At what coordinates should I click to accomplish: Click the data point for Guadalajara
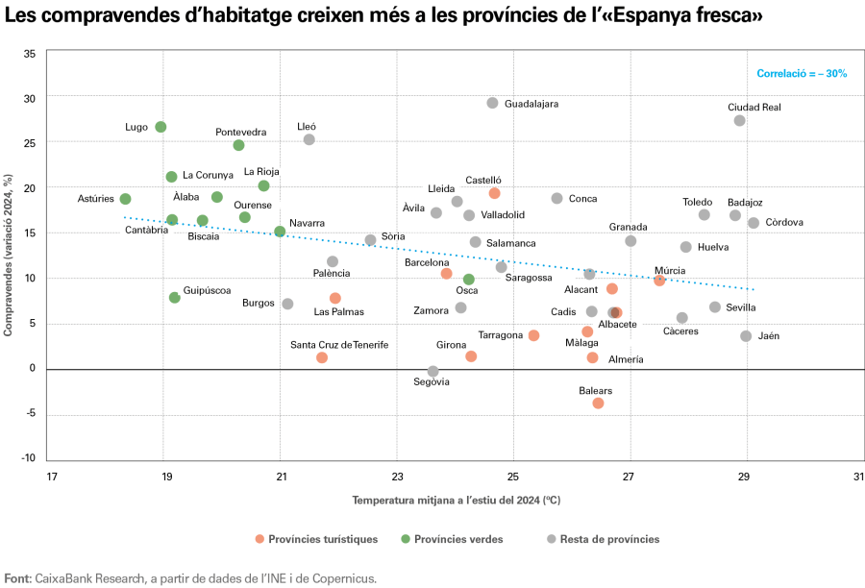[492, 103]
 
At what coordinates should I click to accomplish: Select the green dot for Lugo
[161, 127]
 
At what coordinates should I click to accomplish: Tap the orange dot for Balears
[598, 404]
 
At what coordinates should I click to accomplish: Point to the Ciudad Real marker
[739, 120]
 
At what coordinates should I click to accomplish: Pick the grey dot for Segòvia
[432, 371]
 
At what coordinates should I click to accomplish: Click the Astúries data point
[125, 199]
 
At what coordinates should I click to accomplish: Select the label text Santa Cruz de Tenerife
[339, 344]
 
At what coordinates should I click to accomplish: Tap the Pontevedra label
[241, 132]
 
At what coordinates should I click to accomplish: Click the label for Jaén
[769, 336]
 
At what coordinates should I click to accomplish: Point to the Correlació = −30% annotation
[802, 73]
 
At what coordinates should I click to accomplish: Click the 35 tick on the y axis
[29, 53]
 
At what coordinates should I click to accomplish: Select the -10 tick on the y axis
[28, 457]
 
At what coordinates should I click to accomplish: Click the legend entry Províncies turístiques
[322, 539]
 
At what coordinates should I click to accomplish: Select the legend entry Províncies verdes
[457, 539]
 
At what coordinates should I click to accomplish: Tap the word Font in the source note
[17, 578]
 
